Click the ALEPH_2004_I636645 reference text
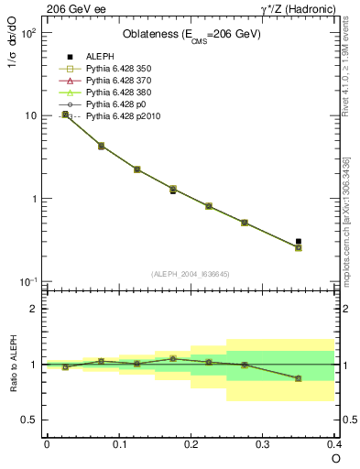(x=191, y=273)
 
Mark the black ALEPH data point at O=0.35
(x=299, y=242)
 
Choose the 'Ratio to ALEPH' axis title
(x=13, y=364)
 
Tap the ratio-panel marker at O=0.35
(x=299, y=378)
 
